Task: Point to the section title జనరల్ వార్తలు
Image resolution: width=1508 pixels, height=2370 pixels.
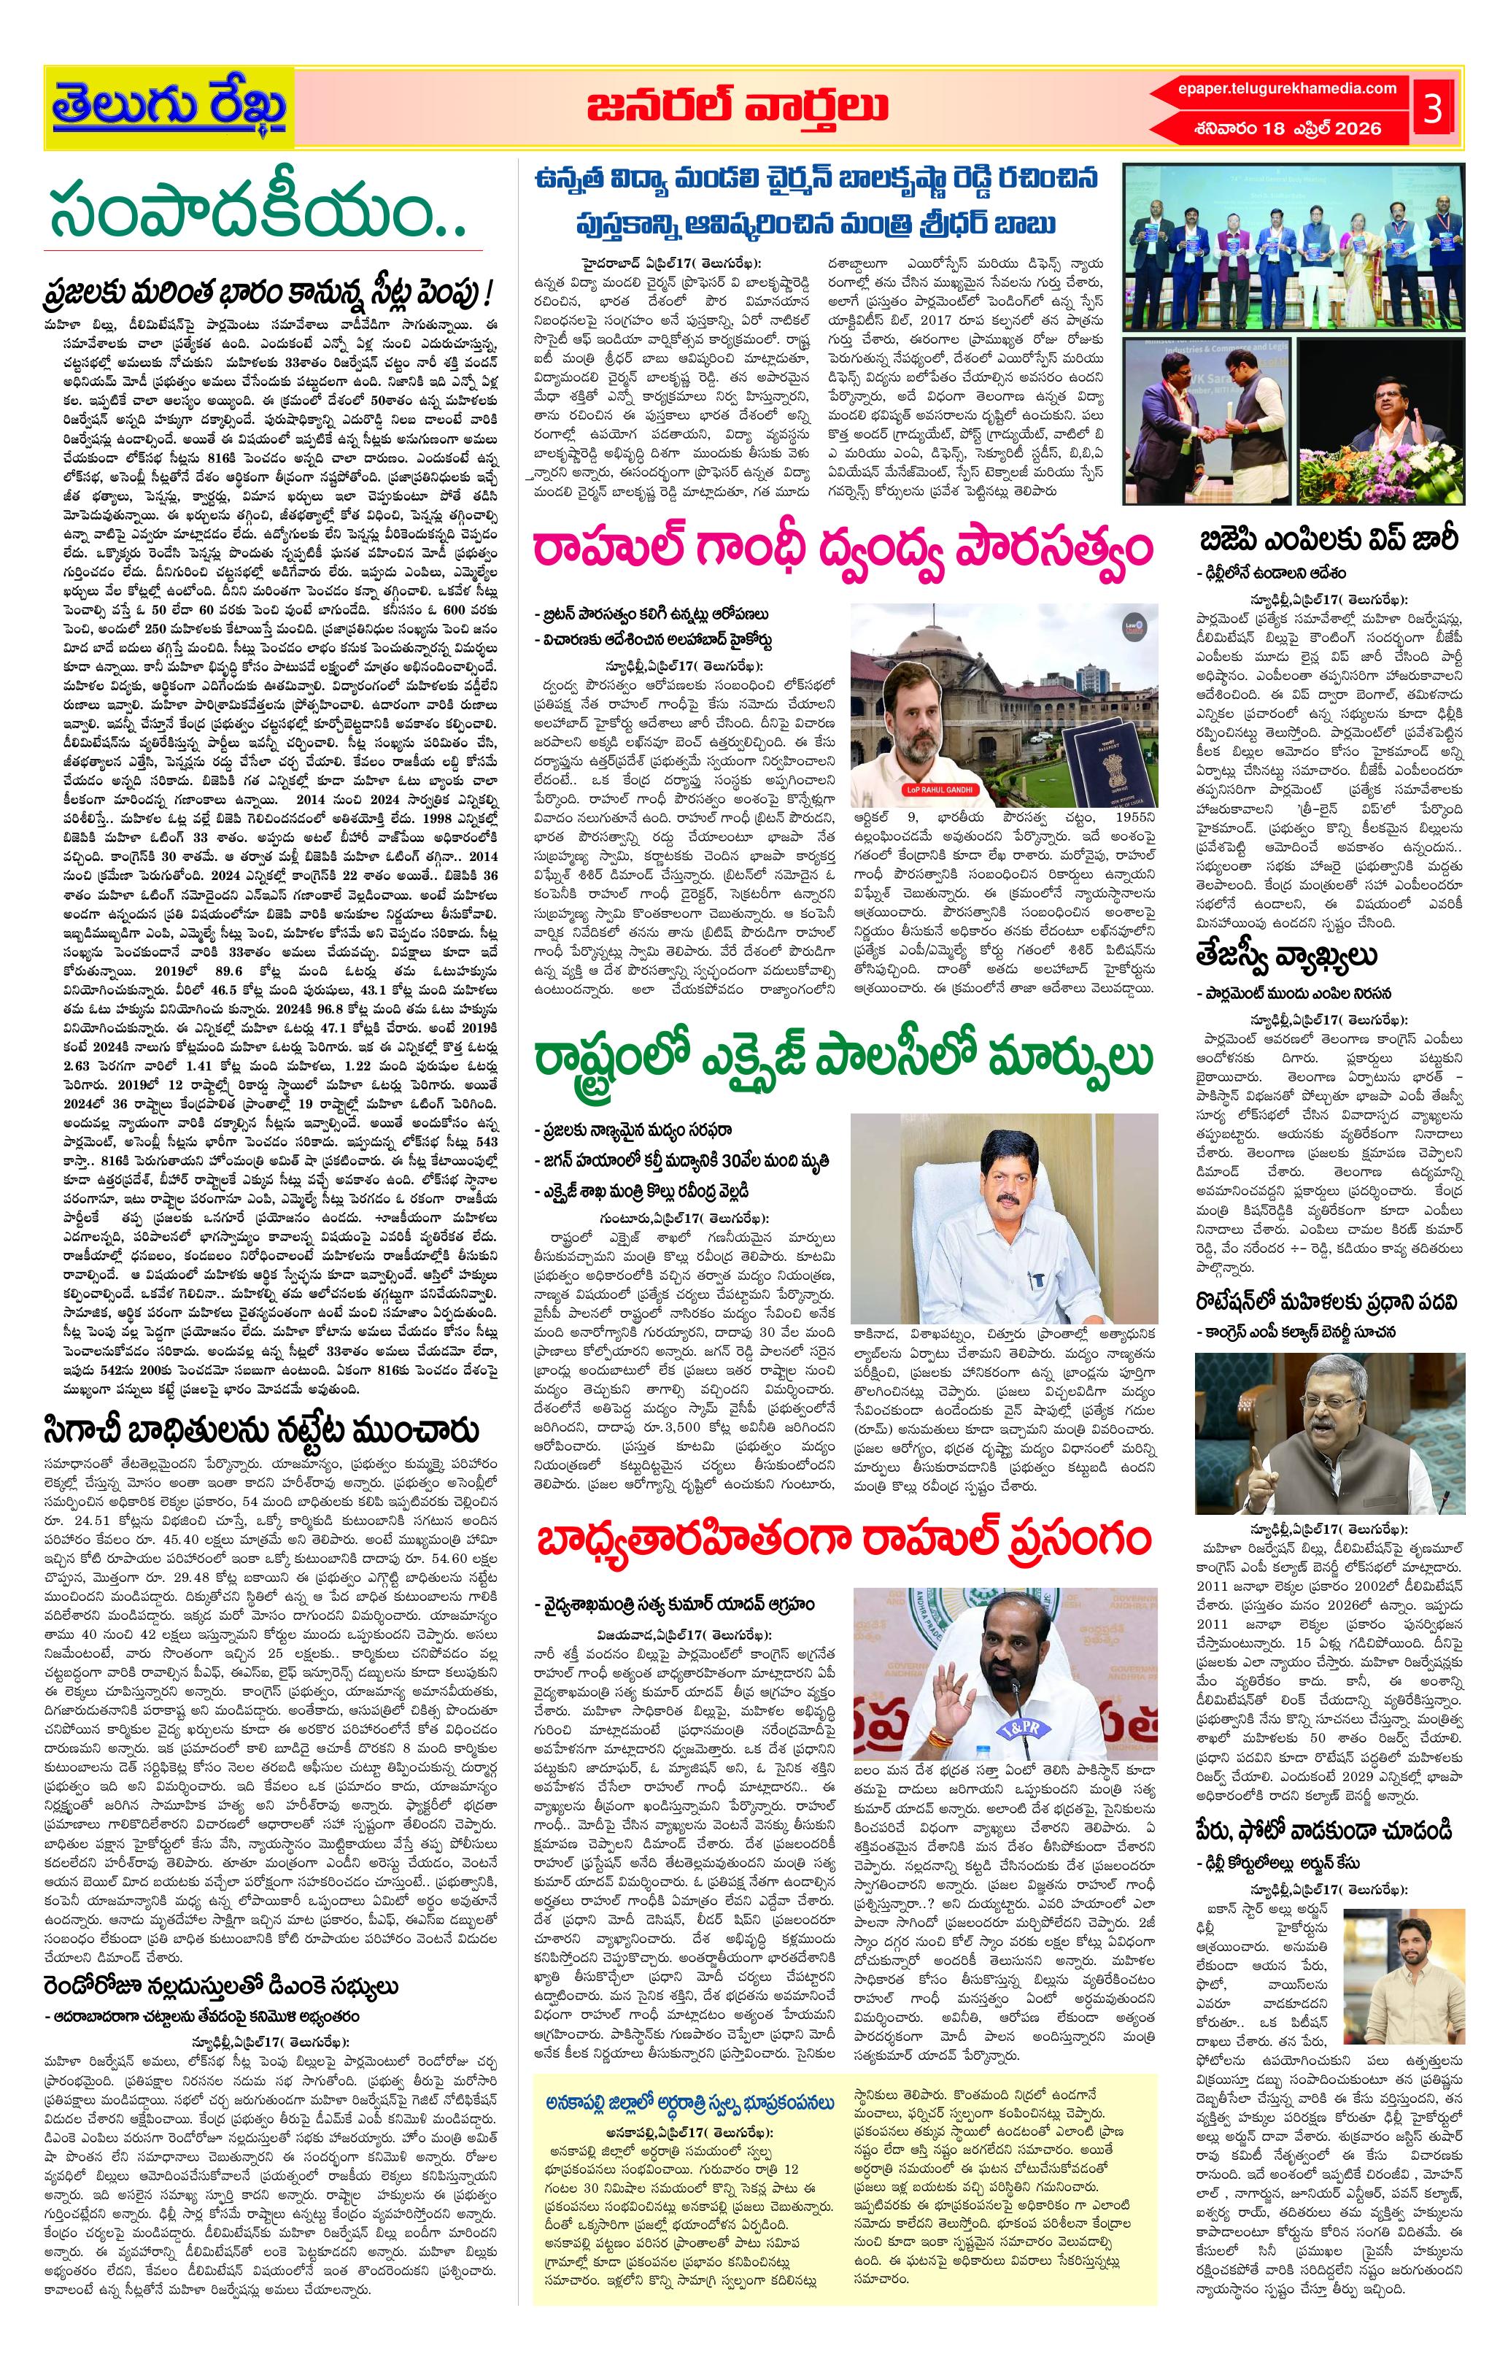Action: click(736, 107)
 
